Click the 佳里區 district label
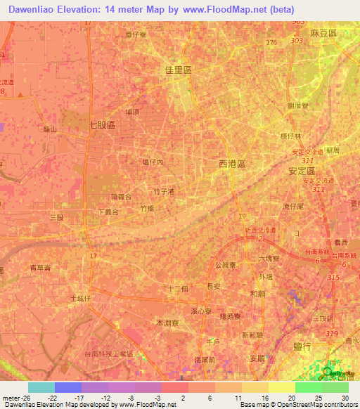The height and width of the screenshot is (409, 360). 178,71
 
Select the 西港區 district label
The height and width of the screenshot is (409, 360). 232,163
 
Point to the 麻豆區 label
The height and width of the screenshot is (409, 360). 324,34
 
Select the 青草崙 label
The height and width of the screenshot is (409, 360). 41,268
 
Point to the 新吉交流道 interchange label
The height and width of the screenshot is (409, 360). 257,231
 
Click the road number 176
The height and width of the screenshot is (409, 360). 271,43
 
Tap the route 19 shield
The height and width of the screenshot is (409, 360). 242,216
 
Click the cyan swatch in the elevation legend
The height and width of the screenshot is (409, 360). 41,387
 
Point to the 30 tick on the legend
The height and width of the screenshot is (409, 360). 344,397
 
